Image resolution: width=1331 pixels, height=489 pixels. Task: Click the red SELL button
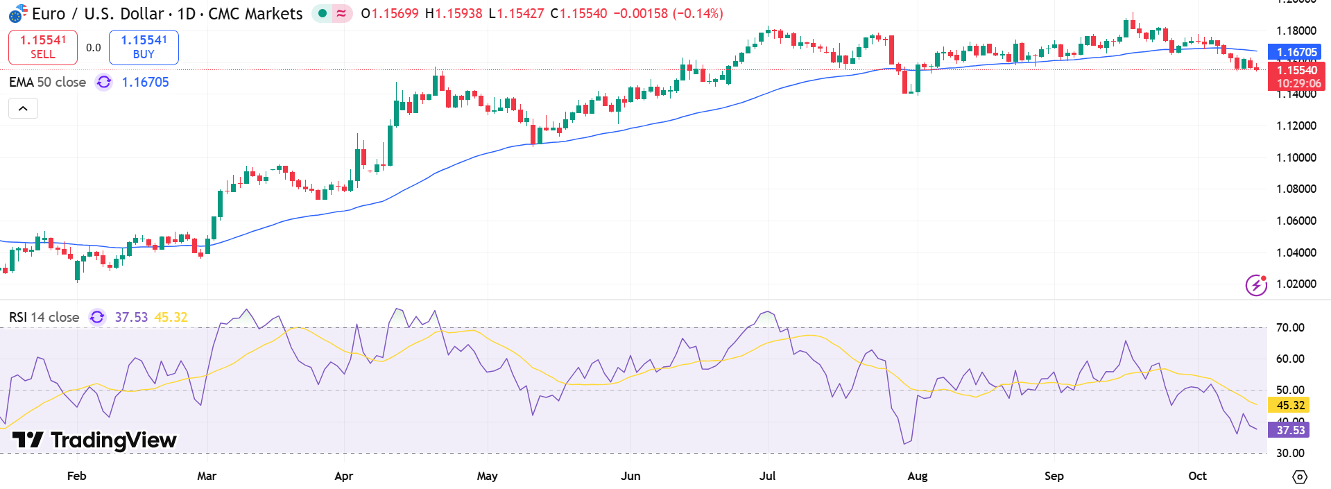pos(42,47)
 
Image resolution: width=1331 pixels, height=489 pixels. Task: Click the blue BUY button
pos(144,47)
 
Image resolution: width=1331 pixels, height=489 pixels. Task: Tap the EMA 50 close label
pos(47,82)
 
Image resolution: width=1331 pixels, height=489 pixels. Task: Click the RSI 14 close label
pos(44,317)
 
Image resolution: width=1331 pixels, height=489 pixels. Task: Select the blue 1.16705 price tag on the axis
pos(1296,52)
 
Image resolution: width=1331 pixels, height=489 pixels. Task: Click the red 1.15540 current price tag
pos(1296,71)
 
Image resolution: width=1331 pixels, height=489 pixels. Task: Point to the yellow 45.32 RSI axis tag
pos(1289,405)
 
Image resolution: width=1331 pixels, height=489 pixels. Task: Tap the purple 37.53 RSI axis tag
pos(1289,430)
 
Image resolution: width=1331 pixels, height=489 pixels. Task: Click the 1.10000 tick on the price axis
pos(1296,157)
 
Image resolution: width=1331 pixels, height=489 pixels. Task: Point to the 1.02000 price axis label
pos(1296,284)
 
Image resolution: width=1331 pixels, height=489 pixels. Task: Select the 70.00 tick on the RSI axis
pos(1290,327)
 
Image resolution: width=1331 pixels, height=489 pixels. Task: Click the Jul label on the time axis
pos(767,476)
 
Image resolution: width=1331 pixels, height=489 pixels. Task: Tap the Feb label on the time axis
pos(76,476)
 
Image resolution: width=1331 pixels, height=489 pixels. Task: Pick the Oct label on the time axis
pos(1197,476)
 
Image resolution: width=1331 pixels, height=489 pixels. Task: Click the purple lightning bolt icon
pos(1256,284)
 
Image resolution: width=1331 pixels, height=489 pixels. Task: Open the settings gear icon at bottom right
pos(1300,477)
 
